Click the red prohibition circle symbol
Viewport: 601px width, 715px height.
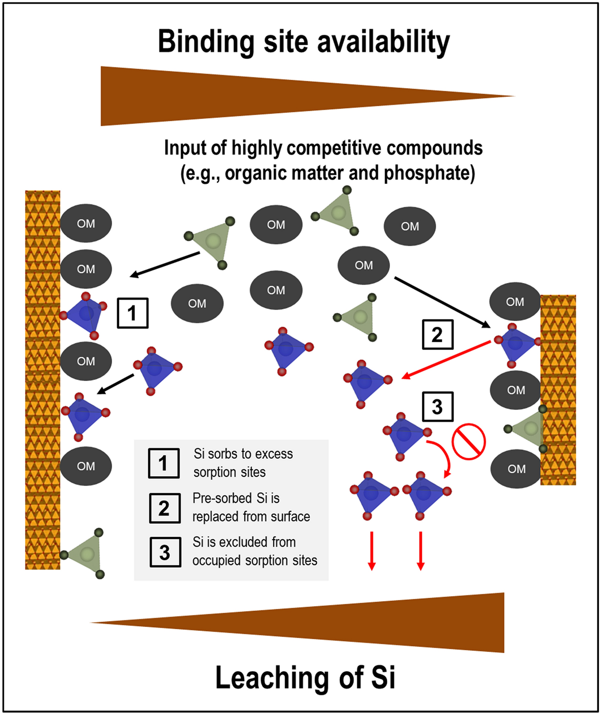[469, 442]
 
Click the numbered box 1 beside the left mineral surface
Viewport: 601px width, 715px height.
[132, 313]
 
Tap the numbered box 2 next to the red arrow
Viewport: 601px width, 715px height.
[437, 335]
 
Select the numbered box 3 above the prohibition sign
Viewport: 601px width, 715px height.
[437, 406]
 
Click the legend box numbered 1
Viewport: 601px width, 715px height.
[163, 463]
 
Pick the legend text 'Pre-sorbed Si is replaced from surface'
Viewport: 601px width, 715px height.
[251, 507]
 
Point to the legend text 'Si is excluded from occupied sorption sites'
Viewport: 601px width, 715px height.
[254, 551]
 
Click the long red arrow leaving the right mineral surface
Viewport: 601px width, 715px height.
[446, 361]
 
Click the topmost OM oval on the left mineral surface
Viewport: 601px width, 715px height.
[86, 223]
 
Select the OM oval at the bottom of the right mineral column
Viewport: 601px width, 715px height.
[516, 469]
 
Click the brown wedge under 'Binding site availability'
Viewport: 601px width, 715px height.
[244, 96]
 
